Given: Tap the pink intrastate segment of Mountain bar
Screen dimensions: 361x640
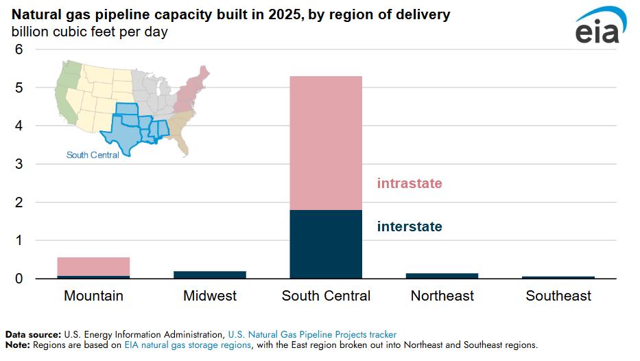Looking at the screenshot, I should [93, 266].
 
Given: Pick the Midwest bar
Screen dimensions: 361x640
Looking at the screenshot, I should [210, 275].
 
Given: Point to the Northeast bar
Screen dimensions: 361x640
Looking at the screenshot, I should [442, 276].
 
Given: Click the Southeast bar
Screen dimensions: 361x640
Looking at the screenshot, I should [558, 277].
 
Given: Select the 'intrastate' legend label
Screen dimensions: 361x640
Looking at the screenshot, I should [410, 184].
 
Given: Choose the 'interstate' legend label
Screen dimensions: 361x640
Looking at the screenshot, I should [410, 226].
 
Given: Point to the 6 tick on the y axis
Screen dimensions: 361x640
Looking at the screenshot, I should [19, 49].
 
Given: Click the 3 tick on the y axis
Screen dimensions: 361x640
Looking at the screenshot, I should [19, 164].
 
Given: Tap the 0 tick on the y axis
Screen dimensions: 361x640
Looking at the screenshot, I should [19, 279].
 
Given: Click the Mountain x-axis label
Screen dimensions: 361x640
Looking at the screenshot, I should [93, 296].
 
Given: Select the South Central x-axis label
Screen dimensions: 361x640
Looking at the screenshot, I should [326, 296].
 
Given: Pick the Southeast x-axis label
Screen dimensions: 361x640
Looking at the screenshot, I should [558, 296].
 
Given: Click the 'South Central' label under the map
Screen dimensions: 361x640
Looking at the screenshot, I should [93, 155].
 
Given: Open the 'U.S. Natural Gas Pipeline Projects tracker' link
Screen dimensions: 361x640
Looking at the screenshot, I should [312, 335].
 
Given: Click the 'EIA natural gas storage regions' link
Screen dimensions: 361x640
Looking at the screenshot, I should [187, 345].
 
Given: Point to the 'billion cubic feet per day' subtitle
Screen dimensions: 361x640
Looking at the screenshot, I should [89, 31].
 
